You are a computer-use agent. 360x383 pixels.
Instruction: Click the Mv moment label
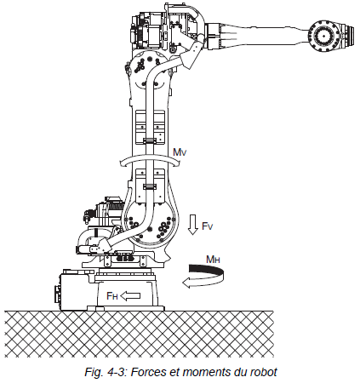tap(180, 152)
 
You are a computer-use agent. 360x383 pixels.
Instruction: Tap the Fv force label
tap(208, 226)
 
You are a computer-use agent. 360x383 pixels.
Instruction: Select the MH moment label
tap(213, 260)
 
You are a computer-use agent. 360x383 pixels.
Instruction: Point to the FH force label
tap(112, 296)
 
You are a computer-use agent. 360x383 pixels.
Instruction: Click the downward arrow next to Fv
tap(193, 225)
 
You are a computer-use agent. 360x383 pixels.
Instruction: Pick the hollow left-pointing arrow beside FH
tap(130, 296)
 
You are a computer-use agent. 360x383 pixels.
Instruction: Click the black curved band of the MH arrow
tap(207, 270)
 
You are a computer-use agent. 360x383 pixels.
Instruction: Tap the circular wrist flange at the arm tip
tap(323, 36)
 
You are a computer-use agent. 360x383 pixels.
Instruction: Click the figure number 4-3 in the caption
tap(117, 372)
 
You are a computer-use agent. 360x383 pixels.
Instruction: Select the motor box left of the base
tap(74, 290)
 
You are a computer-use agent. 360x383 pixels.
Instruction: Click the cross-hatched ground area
tap(139, 334)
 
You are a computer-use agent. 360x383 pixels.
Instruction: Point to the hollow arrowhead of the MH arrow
tap(188, 283)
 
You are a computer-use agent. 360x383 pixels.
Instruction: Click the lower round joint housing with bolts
tap(150, 223)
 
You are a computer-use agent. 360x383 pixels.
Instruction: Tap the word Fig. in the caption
tap(94, 372)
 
